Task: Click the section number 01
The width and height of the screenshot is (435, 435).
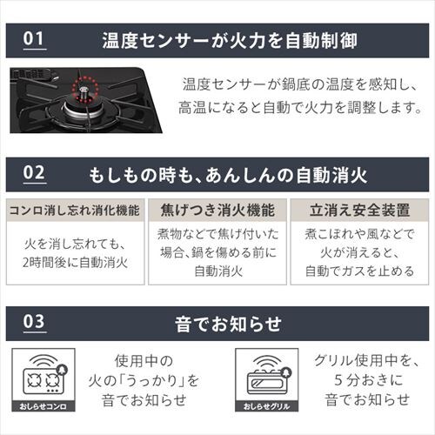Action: point(34,38)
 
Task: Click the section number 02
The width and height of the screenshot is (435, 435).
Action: point(34,173)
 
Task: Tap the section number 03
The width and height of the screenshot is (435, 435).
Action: point(34,322)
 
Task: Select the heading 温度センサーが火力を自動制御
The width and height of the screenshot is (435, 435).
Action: point(230,41)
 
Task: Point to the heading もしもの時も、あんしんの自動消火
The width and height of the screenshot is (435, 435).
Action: point(228,175)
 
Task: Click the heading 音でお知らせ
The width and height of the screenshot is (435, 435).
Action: point(228,324)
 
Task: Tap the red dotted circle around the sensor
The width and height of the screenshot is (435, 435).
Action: point(84,89)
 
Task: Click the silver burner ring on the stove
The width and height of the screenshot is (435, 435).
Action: point(83,110)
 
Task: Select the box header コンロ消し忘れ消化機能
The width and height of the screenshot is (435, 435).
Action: point(75,211)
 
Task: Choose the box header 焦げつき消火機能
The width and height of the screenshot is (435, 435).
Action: point(217,211)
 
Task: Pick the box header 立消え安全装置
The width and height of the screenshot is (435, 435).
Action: point(359,211)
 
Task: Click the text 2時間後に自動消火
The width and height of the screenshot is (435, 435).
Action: point(76,263)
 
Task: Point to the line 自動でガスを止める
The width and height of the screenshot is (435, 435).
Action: point(359,271)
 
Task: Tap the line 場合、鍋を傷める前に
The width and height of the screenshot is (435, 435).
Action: point(218,252)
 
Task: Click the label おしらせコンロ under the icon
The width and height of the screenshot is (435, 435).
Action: point(43,406)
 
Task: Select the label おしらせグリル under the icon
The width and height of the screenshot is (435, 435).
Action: point(266,406)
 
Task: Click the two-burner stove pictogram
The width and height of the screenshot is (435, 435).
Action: point(43,380)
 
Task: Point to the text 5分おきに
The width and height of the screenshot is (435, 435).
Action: point(369,380)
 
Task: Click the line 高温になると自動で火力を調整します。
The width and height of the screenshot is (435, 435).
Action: point(300,108)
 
